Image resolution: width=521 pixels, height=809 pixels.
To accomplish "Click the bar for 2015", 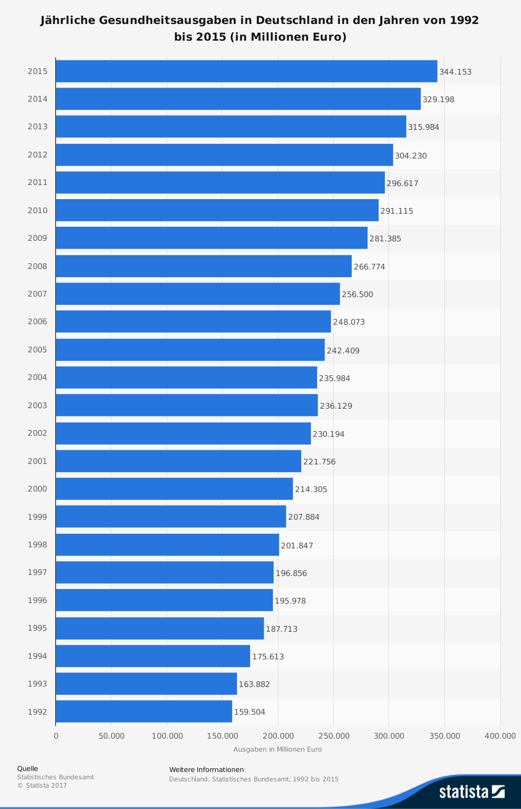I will tap(246, 71).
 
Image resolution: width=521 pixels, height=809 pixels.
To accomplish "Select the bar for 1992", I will tap(144, 712).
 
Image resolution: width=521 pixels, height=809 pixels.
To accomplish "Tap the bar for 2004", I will tap(187, 377).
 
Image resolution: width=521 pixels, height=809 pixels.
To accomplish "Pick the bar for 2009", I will tap(212, 238).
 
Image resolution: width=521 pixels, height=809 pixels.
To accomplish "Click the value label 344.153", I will tap(455, 72).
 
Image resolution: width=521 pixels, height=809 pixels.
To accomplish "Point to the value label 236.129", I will tap(336, 406).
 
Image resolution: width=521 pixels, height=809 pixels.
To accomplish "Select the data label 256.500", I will tap(357, 295).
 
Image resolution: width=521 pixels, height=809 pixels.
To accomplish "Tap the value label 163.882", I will tap(254, 684).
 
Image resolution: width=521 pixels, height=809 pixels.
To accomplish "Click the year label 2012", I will tap(38, 155).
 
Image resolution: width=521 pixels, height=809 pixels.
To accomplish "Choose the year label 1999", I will tap(38, 517).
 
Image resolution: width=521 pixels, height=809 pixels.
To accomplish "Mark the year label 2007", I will tap(38, 294).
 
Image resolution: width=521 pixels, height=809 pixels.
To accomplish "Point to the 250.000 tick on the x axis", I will tap(334, 736).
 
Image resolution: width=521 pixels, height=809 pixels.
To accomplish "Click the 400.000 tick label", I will tap(500, 736).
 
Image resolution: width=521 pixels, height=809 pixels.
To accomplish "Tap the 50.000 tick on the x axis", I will tap(111, 736).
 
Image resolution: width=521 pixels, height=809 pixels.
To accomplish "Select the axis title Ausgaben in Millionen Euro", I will tap(278, 750).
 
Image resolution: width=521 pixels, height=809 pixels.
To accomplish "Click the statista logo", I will tap(472, 791).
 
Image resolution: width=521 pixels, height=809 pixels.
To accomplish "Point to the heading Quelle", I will tap(28, 768).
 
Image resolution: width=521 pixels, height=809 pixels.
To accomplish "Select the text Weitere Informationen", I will tap(207, 770).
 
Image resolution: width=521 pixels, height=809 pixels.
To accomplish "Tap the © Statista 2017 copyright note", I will tap(42, 786).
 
